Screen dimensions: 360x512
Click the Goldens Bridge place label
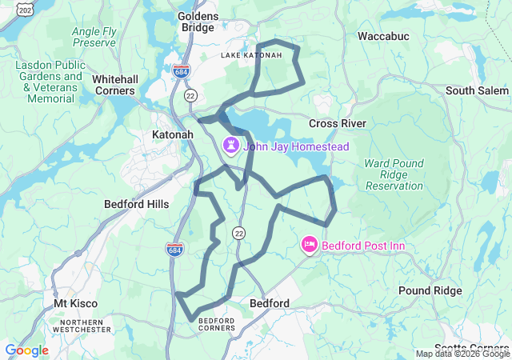(x=196, y=22)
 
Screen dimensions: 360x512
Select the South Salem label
(x=477, y=90)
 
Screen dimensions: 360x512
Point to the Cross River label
(x=338, y=123)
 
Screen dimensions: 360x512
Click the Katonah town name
(x=173, y=135)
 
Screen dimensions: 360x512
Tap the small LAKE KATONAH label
(x=251, y=55)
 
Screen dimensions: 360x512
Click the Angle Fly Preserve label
(x=94, y=37)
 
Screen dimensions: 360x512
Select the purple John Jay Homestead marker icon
(x=231, y=146)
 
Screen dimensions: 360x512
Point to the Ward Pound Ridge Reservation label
(x=394, y=174)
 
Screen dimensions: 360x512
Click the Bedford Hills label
(x=137, y=204)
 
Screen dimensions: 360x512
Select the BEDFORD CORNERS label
(x=215, y=324)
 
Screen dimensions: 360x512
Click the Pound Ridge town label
(x=430, y=290)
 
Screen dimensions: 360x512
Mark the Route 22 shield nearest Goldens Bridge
(x=190, y=95)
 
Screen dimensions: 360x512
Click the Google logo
(x=26, y=350)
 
